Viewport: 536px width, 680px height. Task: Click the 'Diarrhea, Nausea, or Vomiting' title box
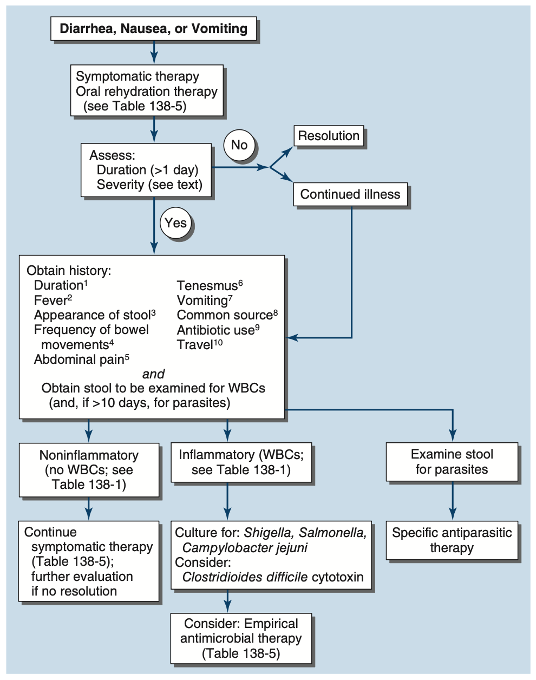tap(153, 29)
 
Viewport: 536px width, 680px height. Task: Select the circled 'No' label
tap(239, 145)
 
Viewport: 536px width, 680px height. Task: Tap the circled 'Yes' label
tap(175, 223)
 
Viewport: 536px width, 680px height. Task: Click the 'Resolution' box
tap(329, 136)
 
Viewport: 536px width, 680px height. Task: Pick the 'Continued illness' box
tap(350, 194)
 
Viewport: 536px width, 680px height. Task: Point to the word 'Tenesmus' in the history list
tap(207, 286)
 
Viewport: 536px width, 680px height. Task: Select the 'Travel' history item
tap(195, 345)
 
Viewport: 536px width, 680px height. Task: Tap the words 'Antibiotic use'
tap(215, 330)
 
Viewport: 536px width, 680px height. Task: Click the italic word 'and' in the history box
tap(153, 374)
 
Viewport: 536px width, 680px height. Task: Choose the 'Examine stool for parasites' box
tap(452, 462)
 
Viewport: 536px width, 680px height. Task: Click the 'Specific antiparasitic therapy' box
tap(452, 540)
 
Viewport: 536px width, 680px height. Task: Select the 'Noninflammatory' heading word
tap(89, 455)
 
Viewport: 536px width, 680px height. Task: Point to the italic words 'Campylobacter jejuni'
tap(245, 547)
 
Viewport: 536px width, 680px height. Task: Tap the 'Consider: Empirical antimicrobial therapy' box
tap(241, 638)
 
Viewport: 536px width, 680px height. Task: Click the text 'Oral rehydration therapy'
tap(147, 91)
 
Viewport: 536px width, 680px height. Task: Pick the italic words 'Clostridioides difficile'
tap(245, 577)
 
